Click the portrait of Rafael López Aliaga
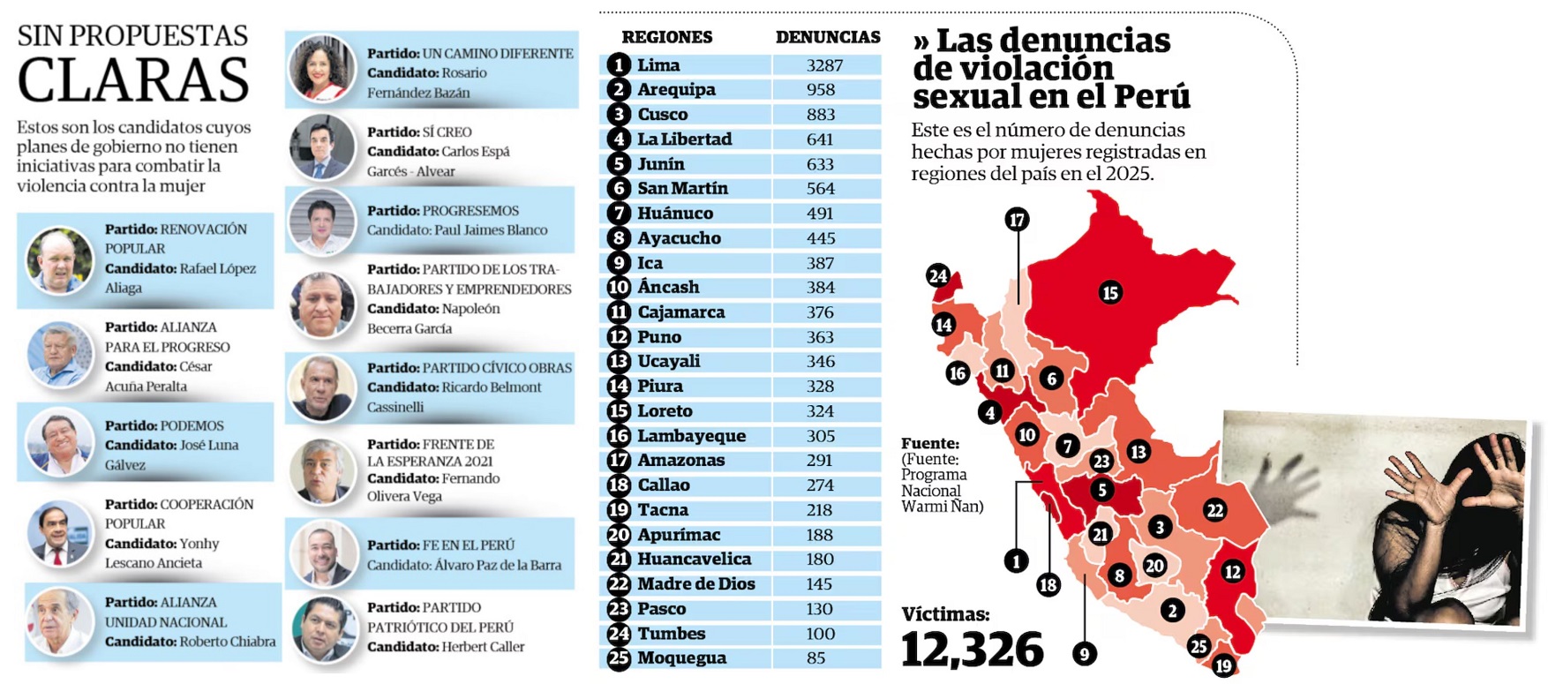pyautogui.click(x=59, y=260)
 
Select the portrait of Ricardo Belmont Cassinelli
pyautogui.click(x=321, y=387)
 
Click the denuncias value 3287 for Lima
pyautogui.click(x=824, y=65)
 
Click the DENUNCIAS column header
pyautogui.click(x=827, y=37)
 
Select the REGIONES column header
pyautogui.click(x=666, y=37)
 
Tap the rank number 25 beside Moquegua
pyautogui.click(x=619, y=658)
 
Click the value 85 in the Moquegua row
pyautogui.click(x=815, y=658)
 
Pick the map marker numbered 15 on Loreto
pyautogui.click(x=1109, y=293)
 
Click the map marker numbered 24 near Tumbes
pyautogui.click(x=937, y=276)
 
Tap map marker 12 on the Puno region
pyautogui.click(x=1232, y=572)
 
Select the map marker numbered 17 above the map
pyautogui.click(x=1017, y=220)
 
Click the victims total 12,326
pyautogui.click(x=972, y=650)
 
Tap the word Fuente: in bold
pyautogui.click(x=929, y=443)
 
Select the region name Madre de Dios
pyautogui.click(x=696, y=584)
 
